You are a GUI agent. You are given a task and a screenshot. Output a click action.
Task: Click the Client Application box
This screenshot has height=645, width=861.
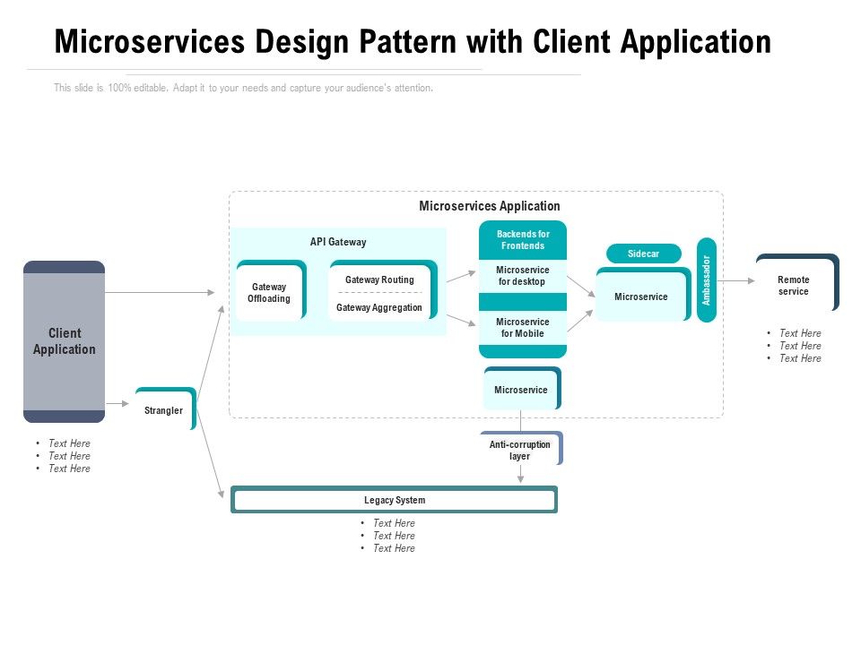64,341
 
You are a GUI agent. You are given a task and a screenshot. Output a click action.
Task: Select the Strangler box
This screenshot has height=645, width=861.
164,410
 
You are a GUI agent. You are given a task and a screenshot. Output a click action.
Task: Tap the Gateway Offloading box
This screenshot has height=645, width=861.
269,292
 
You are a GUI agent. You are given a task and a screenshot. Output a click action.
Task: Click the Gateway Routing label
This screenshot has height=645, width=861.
379,279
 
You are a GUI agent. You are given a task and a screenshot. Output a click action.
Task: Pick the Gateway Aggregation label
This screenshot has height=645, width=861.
379,307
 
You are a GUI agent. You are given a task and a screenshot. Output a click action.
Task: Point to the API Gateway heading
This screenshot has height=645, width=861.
338,242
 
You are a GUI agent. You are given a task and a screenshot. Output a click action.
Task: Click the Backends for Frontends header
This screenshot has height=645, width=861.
523,240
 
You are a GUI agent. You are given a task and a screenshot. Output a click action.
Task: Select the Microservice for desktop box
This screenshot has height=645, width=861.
523,276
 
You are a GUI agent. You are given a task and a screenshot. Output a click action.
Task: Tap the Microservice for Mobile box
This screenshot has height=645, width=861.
523,328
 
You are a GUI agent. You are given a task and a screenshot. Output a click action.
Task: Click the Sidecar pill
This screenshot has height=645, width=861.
643,254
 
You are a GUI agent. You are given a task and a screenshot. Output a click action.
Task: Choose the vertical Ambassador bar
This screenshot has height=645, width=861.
707,279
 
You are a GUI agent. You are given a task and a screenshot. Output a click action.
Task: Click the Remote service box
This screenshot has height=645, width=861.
794,285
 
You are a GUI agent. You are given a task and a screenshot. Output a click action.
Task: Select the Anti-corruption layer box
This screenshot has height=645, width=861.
520,450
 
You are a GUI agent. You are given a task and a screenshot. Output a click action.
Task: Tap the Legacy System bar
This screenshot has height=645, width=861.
395,500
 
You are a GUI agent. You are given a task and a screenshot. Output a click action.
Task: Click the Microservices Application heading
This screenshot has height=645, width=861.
490,206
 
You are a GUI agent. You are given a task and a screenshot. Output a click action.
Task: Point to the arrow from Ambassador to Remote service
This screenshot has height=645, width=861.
735,280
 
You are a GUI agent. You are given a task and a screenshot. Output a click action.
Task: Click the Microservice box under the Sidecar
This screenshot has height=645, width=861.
641,297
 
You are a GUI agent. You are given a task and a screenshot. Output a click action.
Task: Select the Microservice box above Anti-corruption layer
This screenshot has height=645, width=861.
521,390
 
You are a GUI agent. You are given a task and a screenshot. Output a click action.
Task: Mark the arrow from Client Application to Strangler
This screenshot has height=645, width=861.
117,404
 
